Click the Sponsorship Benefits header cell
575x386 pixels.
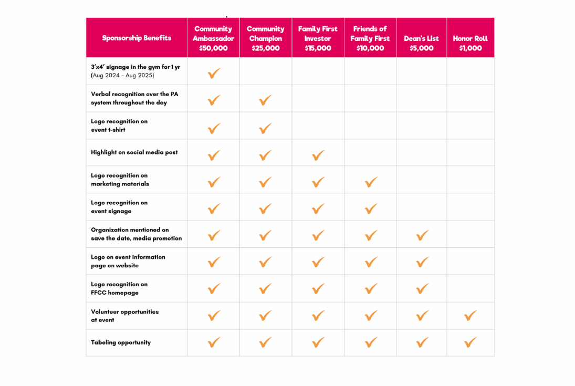[137, 38]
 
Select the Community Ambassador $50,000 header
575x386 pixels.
[213, 38]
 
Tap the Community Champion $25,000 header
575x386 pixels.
[265, 38]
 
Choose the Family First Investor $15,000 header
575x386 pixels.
[318, 38]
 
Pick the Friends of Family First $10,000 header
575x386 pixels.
[370, 38]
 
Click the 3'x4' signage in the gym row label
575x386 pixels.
[135, 71]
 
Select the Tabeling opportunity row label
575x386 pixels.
[121, 342]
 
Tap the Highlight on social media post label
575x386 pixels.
[134, 152]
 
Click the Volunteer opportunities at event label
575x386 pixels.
[124, 316]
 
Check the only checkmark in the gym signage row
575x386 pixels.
[214, 73]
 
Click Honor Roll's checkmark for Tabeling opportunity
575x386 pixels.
[471, 342]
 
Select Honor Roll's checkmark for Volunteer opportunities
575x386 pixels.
[471, 315]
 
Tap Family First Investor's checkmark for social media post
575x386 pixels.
[318, 155]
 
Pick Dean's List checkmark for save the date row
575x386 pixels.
[422, 235]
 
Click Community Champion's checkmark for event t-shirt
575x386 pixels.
[266, 128]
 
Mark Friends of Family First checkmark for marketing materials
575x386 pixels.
[371, 182]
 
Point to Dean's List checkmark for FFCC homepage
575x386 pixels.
[422, 288]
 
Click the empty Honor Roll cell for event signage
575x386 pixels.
[470, 207]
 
